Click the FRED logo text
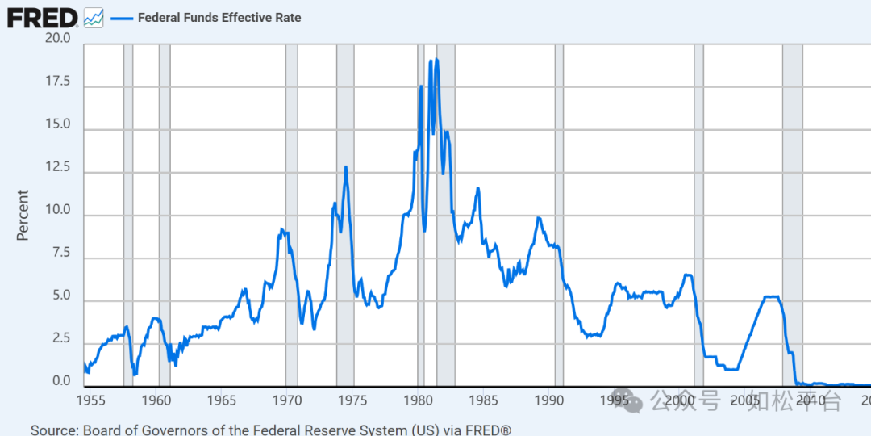click(42, 17)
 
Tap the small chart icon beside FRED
click(94, 17)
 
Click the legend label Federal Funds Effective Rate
click(219, 17)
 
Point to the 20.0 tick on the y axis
click(58, 38)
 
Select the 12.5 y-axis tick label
click(58, 168)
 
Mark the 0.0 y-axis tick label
click(61, 382)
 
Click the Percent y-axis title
click(23, 215)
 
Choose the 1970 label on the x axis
click(287, 400)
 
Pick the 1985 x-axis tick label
click(484, 400)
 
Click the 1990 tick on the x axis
click(549, 400)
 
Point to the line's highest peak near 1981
click(436, 60)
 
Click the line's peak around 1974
click(346, 167)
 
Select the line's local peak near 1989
click(539, 218)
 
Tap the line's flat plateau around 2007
click(772, 297)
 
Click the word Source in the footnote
click(54, 430)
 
